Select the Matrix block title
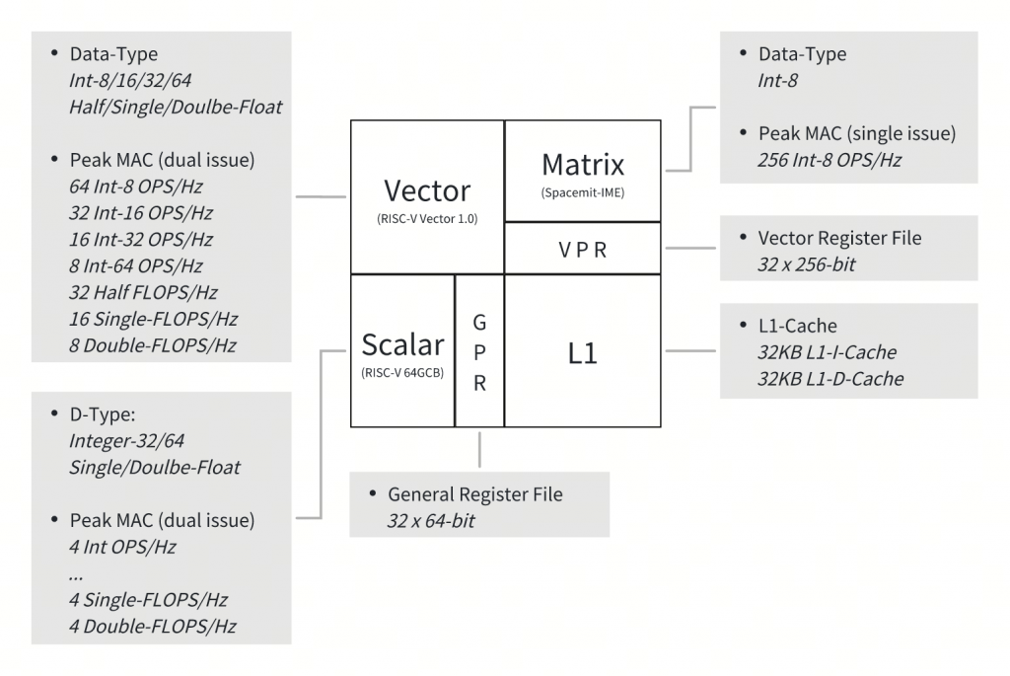click(583, 163)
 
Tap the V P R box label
click(583, 250)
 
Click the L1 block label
click(583, 352)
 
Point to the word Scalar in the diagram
click(402, 344)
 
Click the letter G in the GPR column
click(479, 323)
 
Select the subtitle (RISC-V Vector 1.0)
click(427, 219)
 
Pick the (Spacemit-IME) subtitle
click(583, 191)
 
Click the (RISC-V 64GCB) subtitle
click(402, 373)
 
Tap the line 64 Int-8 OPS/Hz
click(136, 186)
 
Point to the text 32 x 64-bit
click(431, 519)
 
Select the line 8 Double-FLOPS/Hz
click(153, 344)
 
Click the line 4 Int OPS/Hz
click(123, 546)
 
